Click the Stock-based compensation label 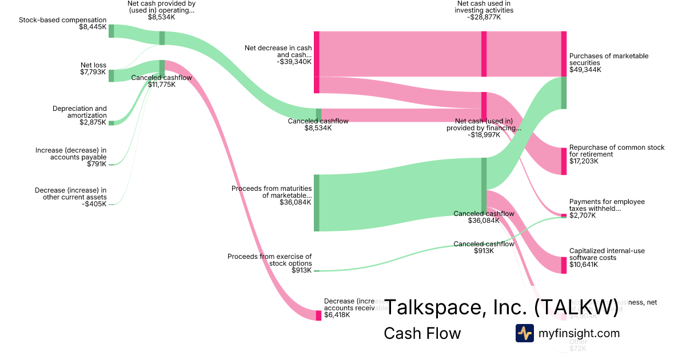coord(62,20)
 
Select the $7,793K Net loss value coord(93,72)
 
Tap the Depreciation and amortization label coord(79,112)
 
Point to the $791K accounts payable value coord(96,165)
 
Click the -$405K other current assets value coord(94,204)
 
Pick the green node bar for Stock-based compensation coord(111,31)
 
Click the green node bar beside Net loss coord(111,75)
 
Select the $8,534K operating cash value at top coord(161,17)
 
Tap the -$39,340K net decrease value coord(294,62)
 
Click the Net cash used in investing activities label coord(484,7)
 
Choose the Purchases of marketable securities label coord(609,59)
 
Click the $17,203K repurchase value coord(584,161)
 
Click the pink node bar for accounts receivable coord(318,315)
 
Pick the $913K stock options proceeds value coord(301,270)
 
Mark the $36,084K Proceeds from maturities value coord(295,202)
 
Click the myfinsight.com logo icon coord(524,333)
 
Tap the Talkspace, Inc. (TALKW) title coord(501,307)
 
